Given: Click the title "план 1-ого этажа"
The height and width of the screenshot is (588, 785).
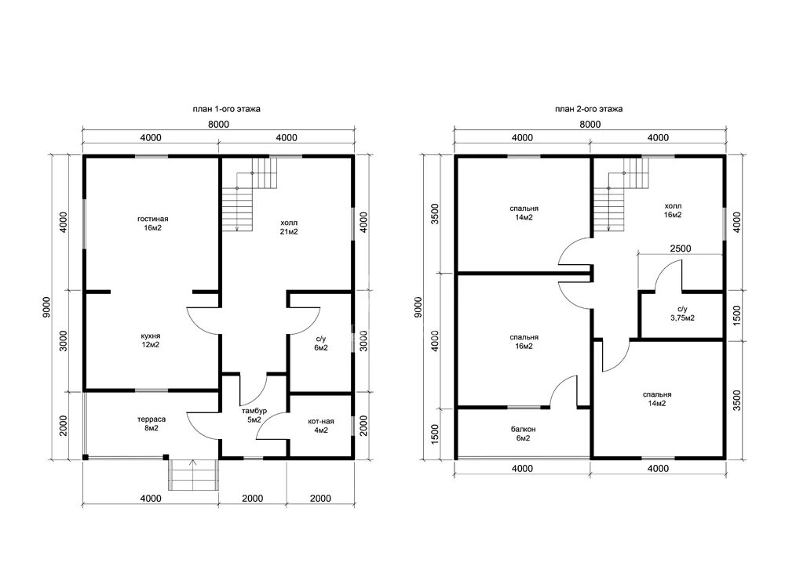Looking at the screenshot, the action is point(226,109).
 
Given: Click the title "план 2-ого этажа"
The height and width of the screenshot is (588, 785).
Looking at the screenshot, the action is point(589,109).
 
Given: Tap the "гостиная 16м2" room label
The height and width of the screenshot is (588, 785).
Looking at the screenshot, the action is point(153,223).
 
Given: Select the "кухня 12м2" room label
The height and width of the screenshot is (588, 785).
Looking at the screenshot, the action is point(151,340).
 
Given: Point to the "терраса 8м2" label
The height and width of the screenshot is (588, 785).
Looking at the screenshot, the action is point(152,423).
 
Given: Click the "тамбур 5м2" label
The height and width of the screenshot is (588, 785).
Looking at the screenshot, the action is point(254,415).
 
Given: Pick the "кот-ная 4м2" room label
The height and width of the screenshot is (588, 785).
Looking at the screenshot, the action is point(321,426).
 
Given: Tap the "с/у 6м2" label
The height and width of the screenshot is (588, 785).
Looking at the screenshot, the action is point(321,343).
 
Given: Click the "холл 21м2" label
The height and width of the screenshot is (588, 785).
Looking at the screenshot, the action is point(289,227).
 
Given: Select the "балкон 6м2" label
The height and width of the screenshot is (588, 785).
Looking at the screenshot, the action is point(523,434).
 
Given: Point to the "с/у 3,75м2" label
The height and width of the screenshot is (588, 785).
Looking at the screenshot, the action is point(682,314).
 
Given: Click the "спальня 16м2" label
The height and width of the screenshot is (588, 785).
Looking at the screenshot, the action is point(524,342).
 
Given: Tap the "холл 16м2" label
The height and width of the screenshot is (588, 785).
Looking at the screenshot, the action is point(673,210).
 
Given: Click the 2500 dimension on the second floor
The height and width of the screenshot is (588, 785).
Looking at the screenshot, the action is point(681,249).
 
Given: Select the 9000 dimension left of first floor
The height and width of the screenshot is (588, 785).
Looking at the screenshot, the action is point(46,307).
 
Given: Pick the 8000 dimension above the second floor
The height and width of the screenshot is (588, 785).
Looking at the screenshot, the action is point(590,125).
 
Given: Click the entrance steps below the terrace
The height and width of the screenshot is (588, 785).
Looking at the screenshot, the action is point(194,474).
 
